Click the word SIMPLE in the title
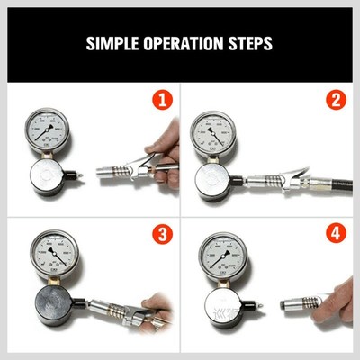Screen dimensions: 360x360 pyautogui.click(x=112, y=42)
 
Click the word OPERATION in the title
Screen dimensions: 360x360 pyautogui.click(x=184, y=42)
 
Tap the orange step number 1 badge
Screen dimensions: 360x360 pyautogui.click(x=162, y=99)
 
